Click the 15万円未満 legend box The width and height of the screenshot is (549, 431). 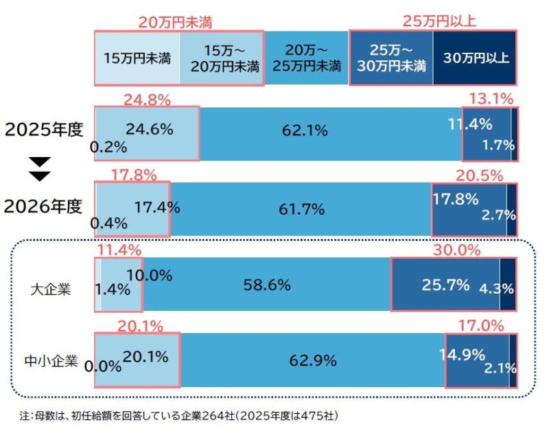137,58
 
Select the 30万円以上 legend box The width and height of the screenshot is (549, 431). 476,58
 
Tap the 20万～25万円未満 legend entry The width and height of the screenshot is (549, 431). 307,58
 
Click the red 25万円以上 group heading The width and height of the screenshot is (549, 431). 439,22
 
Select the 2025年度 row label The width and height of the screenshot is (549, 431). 43,130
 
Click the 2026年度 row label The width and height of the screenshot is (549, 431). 43,205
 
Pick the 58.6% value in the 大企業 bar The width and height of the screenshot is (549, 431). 268,284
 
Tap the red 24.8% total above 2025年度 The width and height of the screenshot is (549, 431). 147,100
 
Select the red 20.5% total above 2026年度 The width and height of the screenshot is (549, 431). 489,176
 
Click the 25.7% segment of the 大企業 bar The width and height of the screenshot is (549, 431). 445,284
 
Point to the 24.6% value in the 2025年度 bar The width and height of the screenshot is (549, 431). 149,128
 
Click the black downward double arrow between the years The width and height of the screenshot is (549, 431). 41,169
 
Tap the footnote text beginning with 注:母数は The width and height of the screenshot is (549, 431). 178,416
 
